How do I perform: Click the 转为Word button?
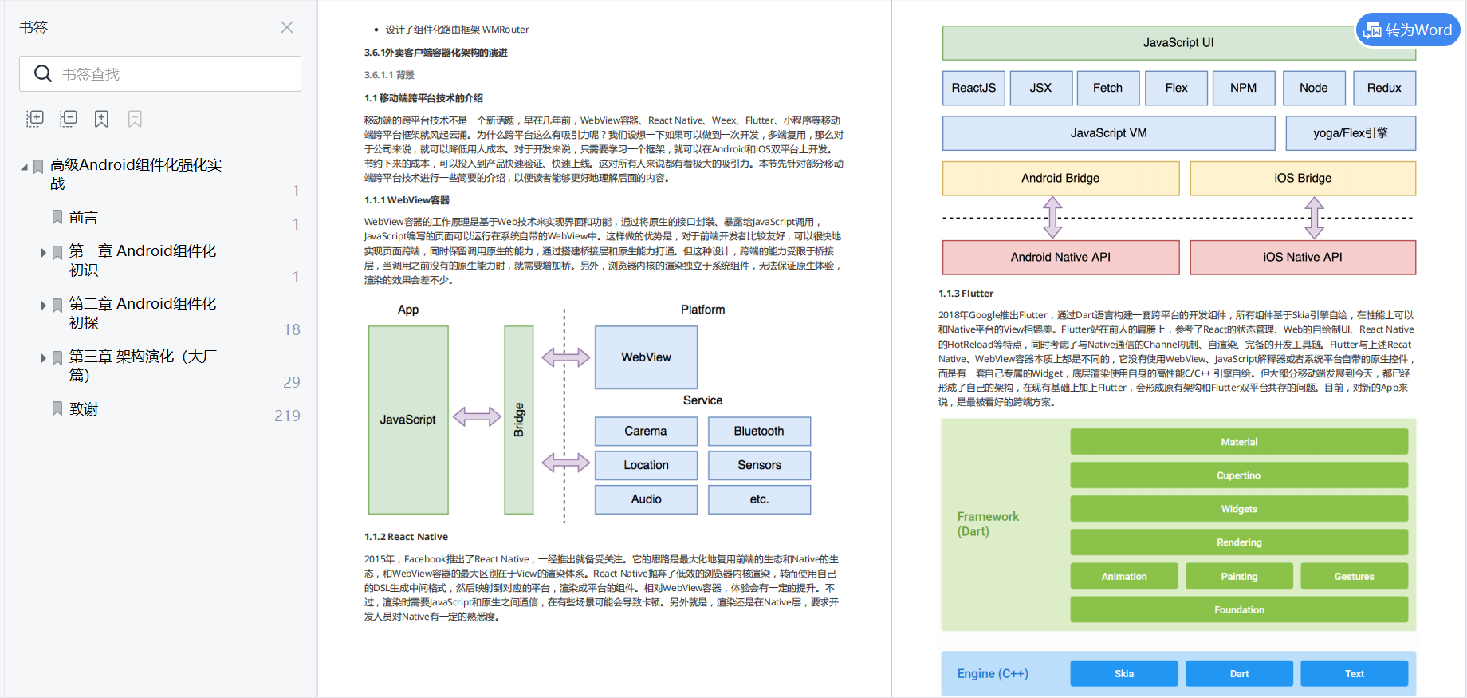(1408, 30)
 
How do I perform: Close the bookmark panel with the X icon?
(287, 27)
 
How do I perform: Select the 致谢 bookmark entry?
(84, 409)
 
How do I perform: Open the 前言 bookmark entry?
(84, 218)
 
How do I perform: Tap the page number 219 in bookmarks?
(287, 416)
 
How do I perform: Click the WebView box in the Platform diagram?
(646, 357)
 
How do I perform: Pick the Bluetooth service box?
(759, 432)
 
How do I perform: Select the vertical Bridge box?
(519, 420)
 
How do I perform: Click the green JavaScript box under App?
(408, 420)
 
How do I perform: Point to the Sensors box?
(759, 465)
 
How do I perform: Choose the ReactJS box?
(973, 88)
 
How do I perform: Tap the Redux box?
(1384, 88)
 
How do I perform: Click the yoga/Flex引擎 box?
(1351, 133)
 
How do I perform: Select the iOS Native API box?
(1303, 258)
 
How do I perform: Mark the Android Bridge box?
(1060, 179)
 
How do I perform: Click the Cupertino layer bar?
(1239, 475)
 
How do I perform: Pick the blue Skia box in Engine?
(1124, 674)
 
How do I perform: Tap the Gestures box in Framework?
(1354, 577)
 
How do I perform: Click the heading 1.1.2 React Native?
(406, 537)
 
